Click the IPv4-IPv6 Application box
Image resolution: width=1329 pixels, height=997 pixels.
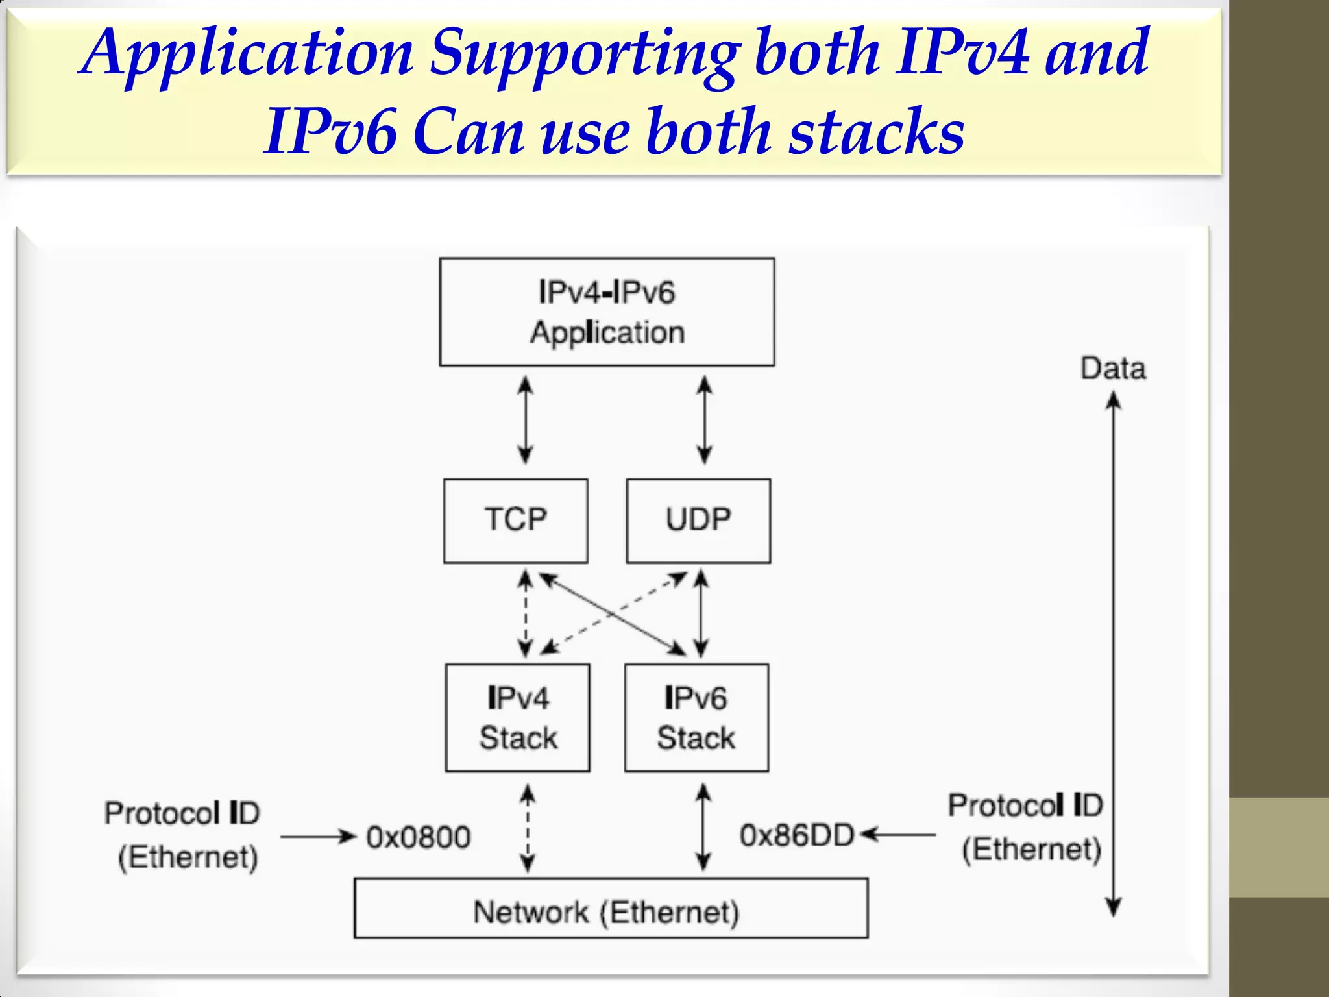pyautogui.click(x=607, y=312)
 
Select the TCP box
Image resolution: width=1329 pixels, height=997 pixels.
pyautogui.click(x=516, y=521)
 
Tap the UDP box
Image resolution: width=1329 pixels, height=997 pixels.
pyautogui.click(x=698, y=521)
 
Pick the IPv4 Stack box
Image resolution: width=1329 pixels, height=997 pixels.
pyautogui.click(x=518, y=717)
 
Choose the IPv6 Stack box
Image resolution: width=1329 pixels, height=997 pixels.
pyautogui.click(x=696, y=717)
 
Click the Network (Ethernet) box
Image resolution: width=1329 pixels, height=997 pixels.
pyautogui.click(x=611, y=908)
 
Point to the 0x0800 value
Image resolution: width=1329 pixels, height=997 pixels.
pyautogui.click(x=419, y=837)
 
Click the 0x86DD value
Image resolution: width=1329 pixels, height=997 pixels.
pyautogui.click(x=797, y=835)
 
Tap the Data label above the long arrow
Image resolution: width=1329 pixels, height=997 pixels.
pyautogui.click(x=1113, y=369)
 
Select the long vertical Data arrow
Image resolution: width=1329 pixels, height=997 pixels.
pyautogui.click(x=1114, y=649)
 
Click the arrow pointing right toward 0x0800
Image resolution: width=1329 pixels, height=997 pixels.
pyautogui.click(x=319, y=837)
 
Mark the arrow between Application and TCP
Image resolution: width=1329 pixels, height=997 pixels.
pyautogui.click(x=526, y=421)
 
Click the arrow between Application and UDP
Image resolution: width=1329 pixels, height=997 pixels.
pyautogui.click(x=704, y=421)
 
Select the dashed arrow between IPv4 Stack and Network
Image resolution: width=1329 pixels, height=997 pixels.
pyautogui.click(x=528, y=828)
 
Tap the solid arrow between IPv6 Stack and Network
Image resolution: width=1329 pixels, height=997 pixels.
pyautogui.click(x=703, y=828)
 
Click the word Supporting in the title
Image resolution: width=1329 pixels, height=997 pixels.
pyautogui.click(x=583, y=53)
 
